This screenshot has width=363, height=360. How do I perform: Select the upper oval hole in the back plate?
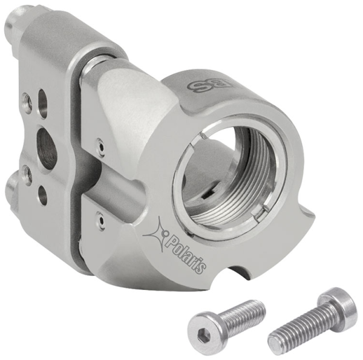tap(42, 99)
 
